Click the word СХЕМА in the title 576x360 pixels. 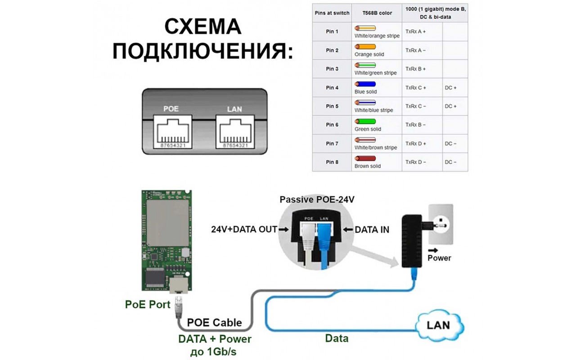[x=202, y=27]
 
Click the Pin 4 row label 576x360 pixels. [x=332, y=88]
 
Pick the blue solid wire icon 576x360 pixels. [x=365, y=84]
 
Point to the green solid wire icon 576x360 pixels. [x=365, y=121]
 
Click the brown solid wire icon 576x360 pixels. [x=365, y=159]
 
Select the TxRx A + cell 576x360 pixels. [x=415, y=32]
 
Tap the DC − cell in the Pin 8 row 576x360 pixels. [x=450, y=162]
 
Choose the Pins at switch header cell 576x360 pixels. [x=332, y=13]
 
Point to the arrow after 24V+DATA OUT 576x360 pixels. [x=283, y=229]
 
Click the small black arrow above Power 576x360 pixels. [x=433, y=250]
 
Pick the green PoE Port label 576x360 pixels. [x=148, y=305]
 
